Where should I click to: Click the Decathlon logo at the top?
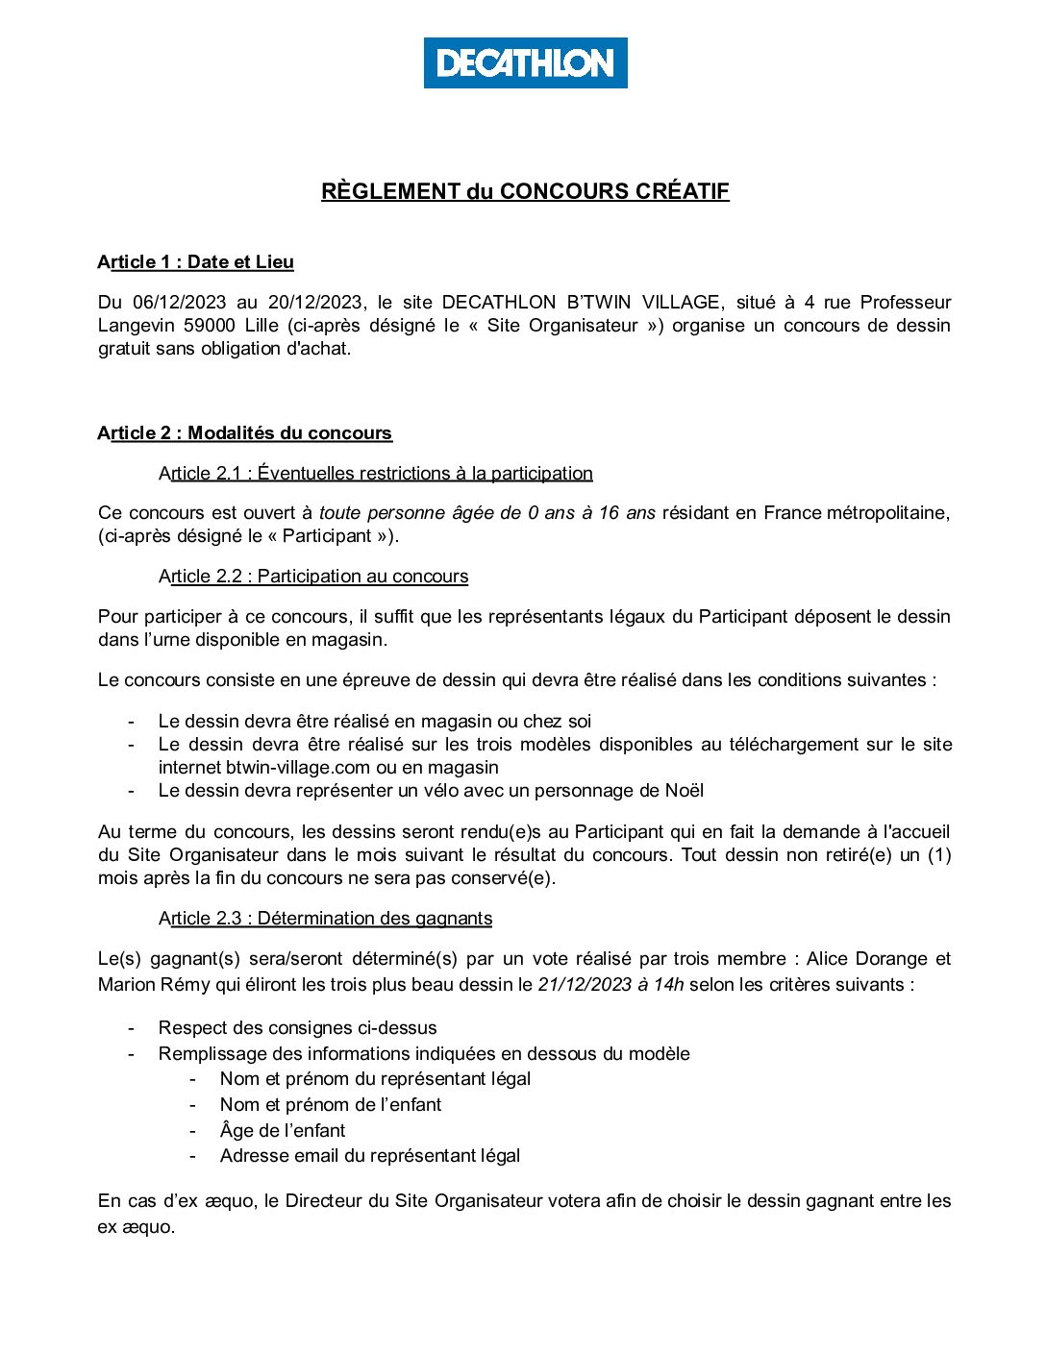tap(525, 63)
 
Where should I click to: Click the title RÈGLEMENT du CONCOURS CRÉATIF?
tap(525, 191)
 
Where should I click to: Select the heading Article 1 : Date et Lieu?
tap(195, 262)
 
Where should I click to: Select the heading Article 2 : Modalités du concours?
tap(244, 433)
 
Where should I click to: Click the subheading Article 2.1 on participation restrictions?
tap(376, 474)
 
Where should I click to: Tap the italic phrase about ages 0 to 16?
tap(487, 513)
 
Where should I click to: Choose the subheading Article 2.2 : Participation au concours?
tap(313, 577)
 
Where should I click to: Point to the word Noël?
tap(684, 791)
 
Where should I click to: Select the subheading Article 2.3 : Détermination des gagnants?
tap(325, 919)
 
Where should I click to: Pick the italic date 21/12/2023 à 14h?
tap(610, 985)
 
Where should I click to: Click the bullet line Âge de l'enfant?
tap(283, 1131)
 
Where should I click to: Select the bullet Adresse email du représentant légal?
tap(370, 1156)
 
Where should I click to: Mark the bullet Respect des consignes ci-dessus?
tap(297, 1028)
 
